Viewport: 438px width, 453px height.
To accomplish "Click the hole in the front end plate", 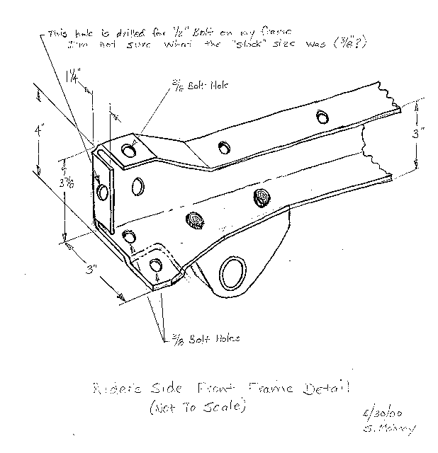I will click(102, 191).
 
